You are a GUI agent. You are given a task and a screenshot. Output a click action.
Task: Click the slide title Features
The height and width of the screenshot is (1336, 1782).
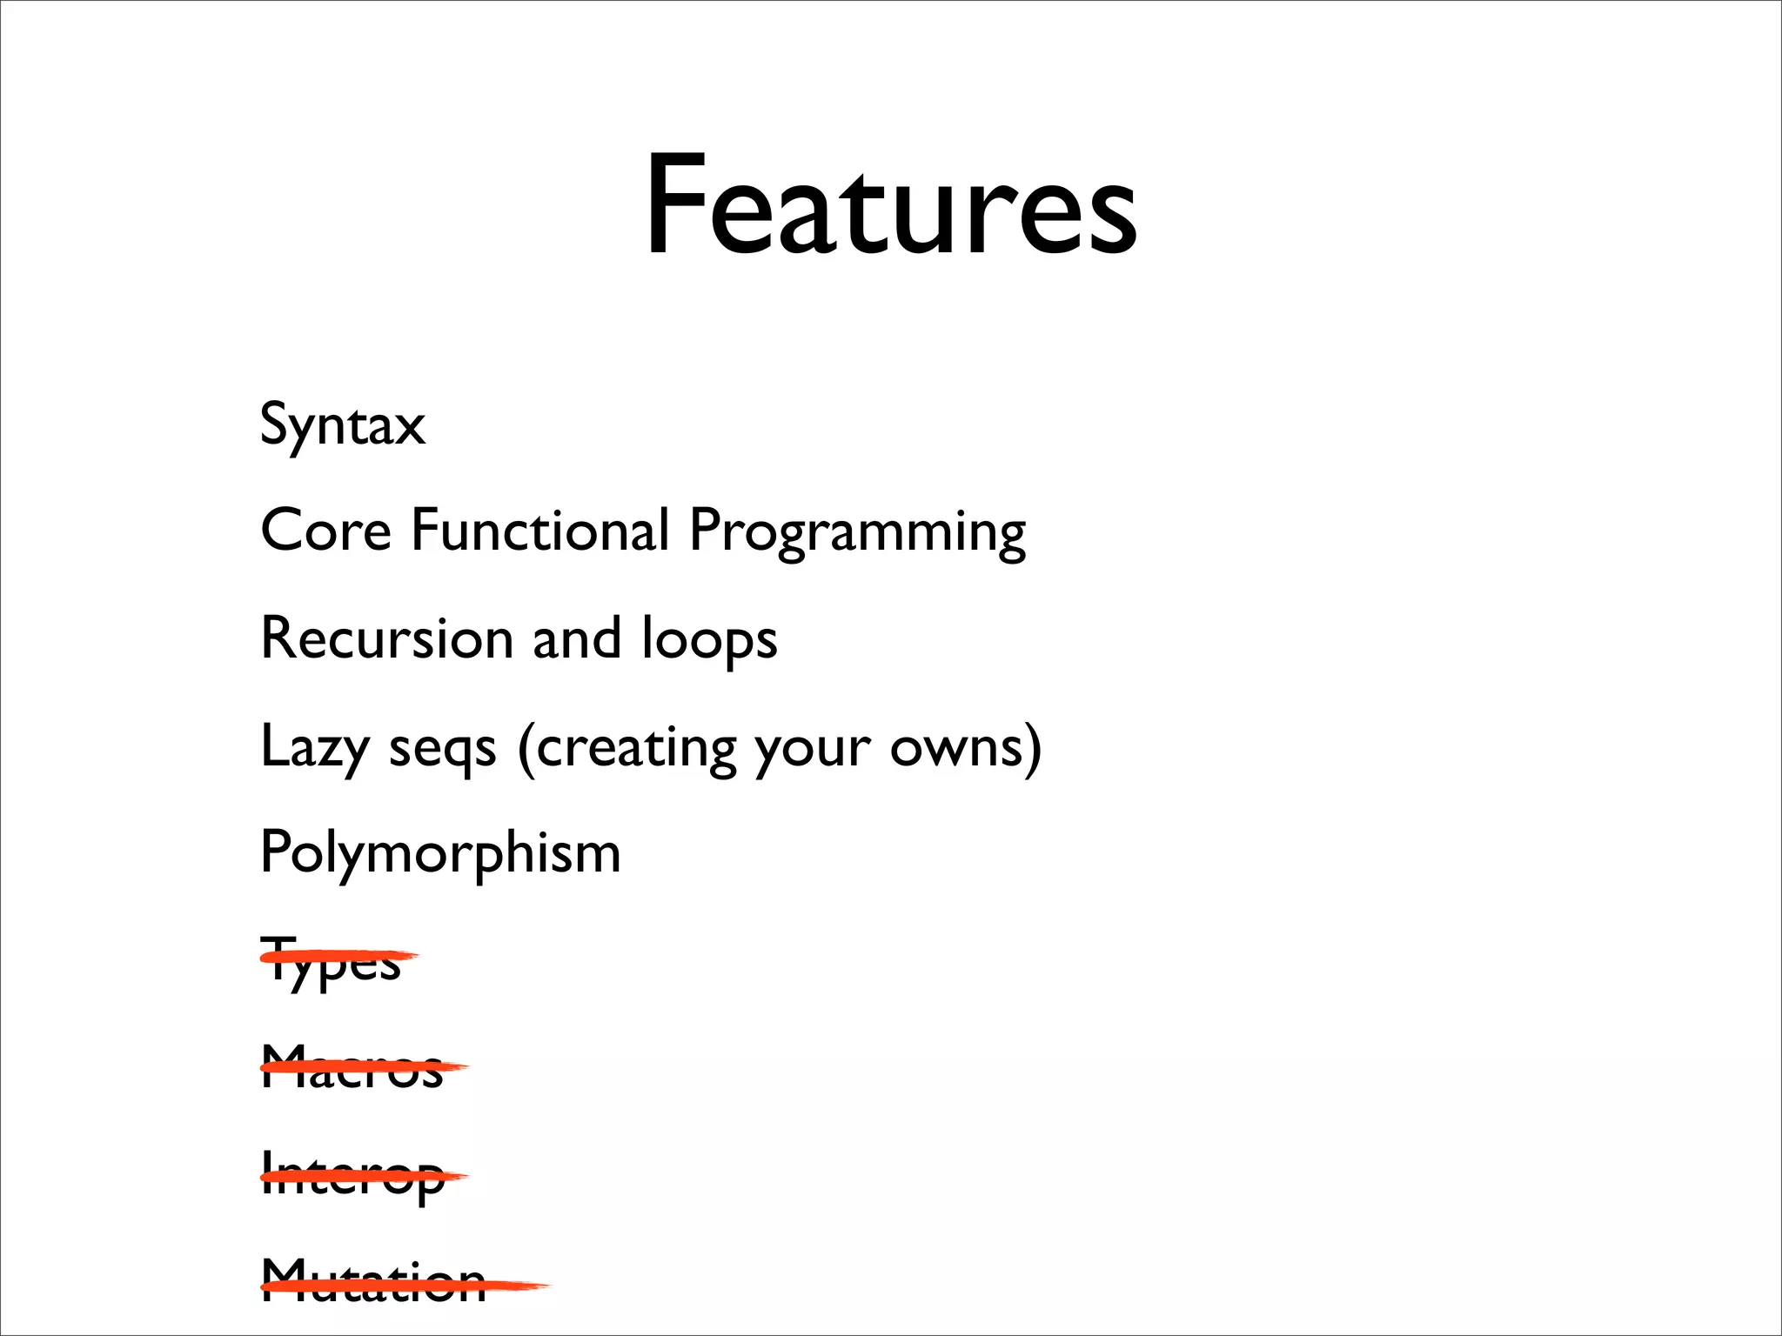tap(890, 206)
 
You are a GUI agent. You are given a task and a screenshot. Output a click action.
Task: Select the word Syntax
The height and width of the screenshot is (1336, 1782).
tap(343, 426)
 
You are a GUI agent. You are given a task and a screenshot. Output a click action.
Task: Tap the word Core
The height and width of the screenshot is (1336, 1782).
tap(326, 530)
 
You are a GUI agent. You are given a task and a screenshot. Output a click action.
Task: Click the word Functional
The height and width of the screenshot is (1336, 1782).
tap(540, 530)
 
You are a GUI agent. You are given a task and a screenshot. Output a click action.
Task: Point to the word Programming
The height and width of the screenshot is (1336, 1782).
tap(857, 532)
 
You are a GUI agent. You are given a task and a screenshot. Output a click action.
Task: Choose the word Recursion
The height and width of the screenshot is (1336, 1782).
tap(387, 638)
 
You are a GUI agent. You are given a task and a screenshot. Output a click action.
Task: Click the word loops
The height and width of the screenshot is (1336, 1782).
tap(709, 639)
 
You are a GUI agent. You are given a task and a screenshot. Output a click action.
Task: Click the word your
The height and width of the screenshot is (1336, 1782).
tap(812, 750)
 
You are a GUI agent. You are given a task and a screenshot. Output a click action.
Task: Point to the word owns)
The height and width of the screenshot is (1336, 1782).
tap(965, 747)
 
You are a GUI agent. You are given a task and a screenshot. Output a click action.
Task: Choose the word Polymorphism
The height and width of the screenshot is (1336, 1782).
tap(440, 853)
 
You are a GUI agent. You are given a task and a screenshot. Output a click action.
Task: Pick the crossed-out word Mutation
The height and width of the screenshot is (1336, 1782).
tap(373, 1282)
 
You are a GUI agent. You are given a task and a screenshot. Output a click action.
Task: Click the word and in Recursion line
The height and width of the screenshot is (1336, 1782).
tap(577, 638)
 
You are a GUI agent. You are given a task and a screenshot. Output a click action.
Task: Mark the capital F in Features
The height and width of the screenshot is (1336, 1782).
tap(674, 206)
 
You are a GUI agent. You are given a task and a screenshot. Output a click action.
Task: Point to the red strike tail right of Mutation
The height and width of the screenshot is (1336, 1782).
tap(522, 1286)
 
